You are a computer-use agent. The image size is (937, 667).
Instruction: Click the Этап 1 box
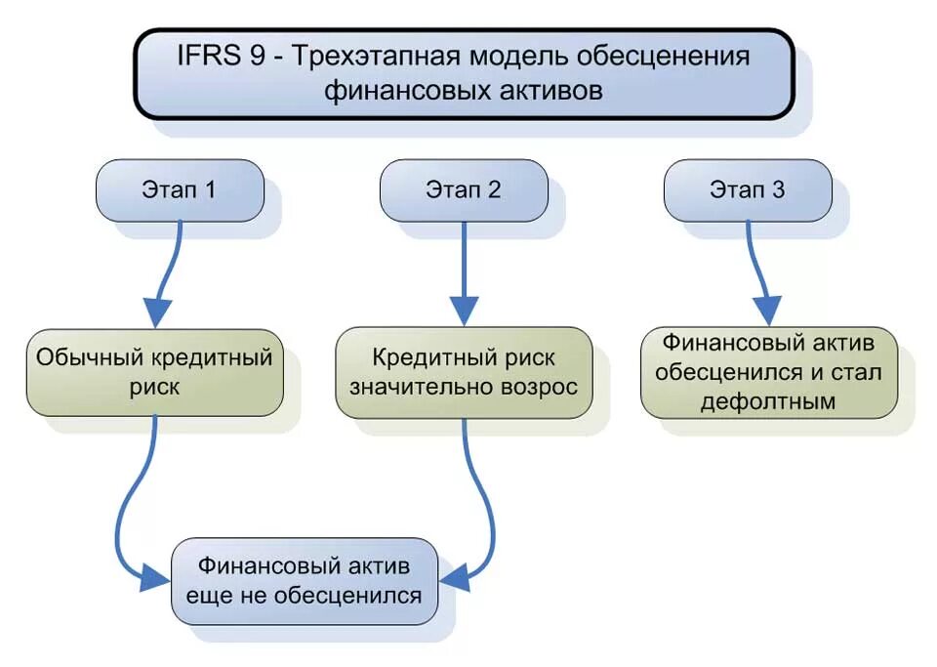pos(181,189)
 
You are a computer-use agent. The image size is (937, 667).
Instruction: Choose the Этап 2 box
pos(464,189)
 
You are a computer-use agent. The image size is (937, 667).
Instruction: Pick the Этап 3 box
pos(748,189)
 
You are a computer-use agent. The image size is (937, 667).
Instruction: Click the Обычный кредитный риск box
pos(154,371)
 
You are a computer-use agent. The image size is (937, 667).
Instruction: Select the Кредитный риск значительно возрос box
pos(464,372)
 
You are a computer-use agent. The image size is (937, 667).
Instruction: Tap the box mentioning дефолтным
pos(768,372)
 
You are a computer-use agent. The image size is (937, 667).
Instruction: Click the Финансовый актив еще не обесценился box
pos(304,580)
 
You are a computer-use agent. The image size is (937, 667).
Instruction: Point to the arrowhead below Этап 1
pos(157,313)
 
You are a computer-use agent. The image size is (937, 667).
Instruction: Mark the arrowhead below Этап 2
pos(465,312)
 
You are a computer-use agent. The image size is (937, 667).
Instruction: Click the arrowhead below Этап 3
pos(768,311)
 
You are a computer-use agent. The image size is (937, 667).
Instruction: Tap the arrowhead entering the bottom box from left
pos(154,578)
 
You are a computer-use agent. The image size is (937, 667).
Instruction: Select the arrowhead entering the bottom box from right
pos(455,577)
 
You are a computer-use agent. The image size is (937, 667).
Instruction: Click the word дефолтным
pos(768,400)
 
